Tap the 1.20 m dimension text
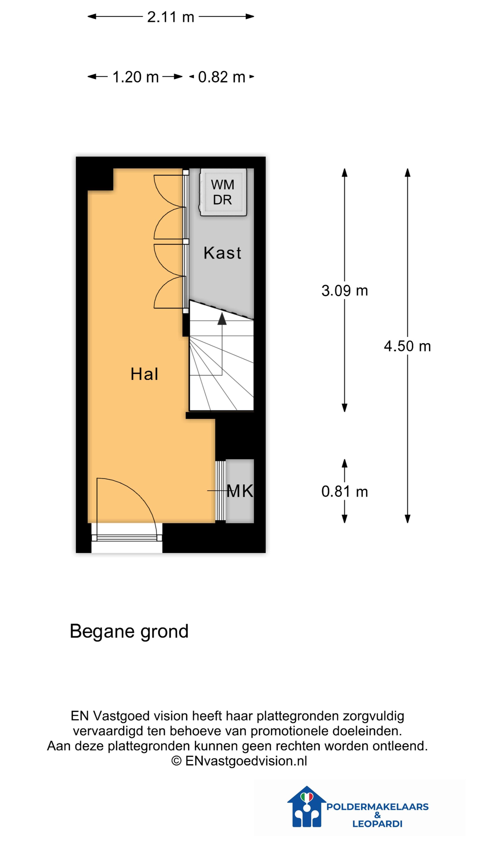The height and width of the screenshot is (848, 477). (135, 77)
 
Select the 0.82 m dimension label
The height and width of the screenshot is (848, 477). (221, 77)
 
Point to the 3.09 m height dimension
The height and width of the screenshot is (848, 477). (344, 291)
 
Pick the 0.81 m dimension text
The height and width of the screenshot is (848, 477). (344, 492)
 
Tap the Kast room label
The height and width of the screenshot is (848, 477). (222, 253)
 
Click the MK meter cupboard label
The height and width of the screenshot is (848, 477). (240, 491)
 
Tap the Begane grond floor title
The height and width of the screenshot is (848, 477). (129, 631)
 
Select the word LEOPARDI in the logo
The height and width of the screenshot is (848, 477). (377, 824)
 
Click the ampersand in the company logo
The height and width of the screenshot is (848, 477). (377, 815)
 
